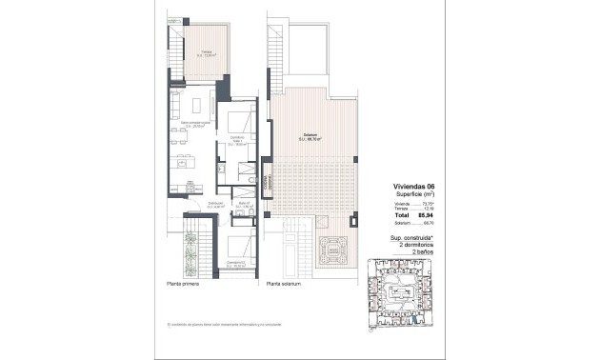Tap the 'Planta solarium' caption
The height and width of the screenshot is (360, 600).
point(284,283)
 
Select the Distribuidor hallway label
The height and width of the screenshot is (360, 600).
point(216,204)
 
